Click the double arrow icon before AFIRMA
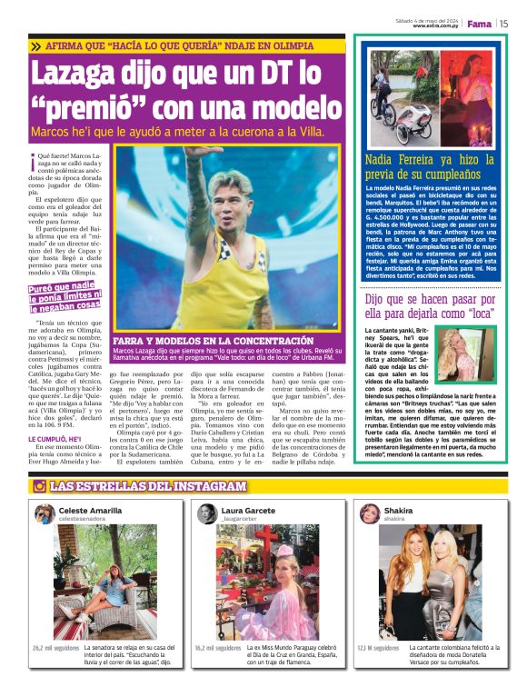click(34, 45)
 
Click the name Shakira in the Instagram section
click(397, 511)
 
